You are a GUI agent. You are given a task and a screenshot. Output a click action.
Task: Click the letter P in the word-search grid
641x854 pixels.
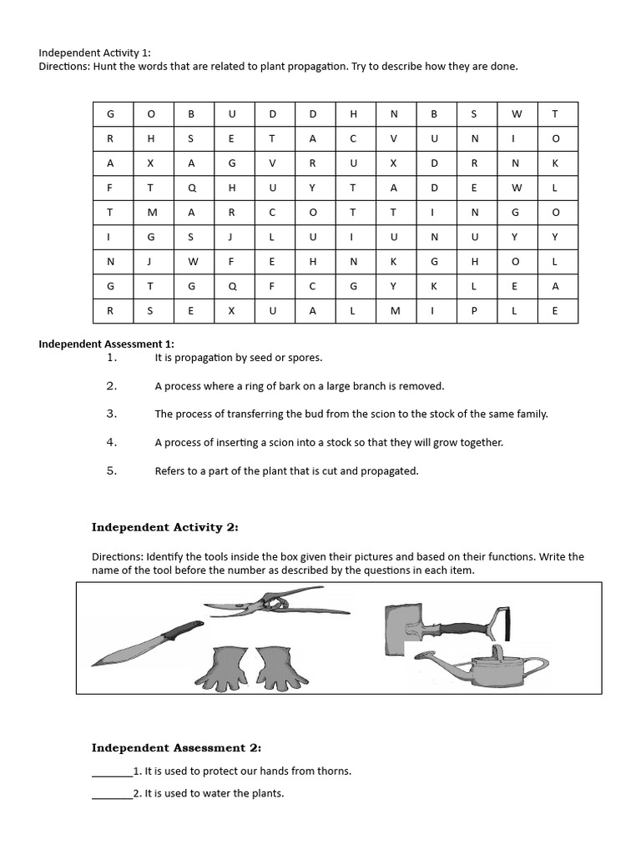pos(474,311)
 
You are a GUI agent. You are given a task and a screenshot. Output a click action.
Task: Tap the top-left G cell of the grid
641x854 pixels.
pos(110,113)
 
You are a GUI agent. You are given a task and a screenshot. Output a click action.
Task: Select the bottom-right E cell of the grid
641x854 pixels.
pos(555,311)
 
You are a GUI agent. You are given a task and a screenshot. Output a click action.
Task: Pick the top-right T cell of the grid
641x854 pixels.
pos(555,113)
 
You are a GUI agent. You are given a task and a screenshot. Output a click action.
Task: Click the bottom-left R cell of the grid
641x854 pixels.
pos(110,311)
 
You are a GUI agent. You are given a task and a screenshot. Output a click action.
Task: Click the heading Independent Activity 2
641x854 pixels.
pos(164,527)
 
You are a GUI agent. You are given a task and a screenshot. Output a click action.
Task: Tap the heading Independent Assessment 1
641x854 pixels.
pos(106,344)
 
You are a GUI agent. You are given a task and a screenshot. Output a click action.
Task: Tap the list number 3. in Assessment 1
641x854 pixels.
pos(112,414)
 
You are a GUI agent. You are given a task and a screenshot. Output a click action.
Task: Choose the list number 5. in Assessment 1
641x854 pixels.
pos(112,470)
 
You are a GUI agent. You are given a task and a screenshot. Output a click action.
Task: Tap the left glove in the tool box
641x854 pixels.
pos(218,667)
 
